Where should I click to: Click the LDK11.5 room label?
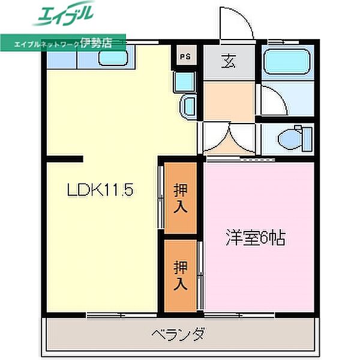point(99,191)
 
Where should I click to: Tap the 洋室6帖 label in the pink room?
point(255,238)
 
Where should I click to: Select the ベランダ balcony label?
point(178,334)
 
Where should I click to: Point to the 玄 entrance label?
point(229,61)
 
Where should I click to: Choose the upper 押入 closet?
point(181,199)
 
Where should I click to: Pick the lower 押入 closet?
point(181,275)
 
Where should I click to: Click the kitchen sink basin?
point(112,58)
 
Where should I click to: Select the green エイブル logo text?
point(65,14)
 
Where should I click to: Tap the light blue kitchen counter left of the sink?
point(68,58)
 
